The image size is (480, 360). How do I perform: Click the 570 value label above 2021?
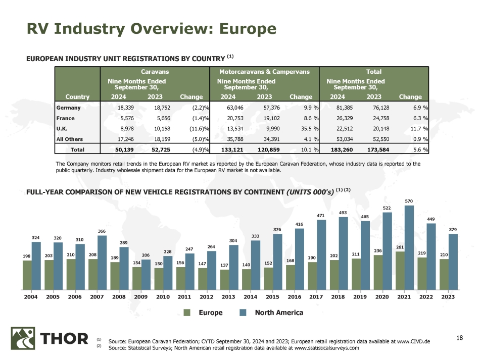point(409,200)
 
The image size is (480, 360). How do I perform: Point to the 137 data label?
point(224,265)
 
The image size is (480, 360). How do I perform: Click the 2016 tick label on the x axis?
point(295,297)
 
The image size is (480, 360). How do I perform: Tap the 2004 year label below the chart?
point(31,297)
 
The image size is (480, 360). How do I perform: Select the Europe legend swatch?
point(187,313)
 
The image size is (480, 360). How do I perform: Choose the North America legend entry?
point(278,313)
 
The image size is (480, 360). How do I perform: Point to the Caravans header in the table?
point(155,72)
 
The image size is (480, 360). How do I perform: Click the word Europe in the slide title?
point(244,29)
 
